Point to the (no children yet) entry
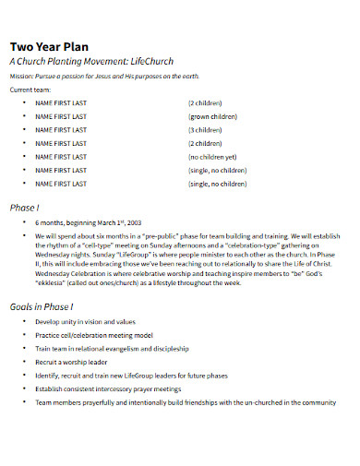218,158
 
